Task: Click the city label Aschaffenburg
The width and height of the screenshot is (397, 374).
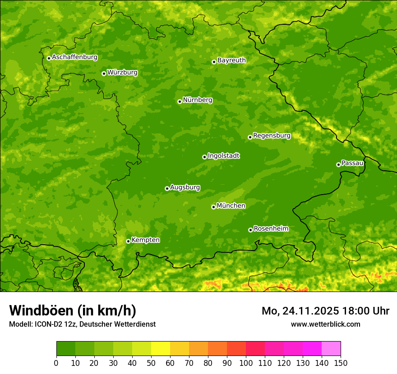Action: pos(74,57)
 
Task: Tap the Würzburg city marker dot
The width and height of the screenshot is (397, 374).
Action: pos(104,73)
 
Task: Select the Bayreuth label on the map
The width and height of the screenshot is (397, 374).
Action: pos(231,60)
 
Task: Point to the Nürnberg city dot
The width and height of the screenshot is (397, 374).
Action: pos(180,101)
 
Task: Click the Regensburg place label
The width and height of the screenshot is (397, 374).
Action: pos(272,135)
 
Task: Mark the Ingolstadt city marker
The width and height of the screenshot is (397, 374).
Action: pos(204,157)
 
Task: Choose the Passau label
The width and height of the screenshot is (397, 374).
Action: pos(352,163)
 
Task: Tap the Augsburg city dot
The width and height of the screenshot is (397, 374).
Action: pos(167,188)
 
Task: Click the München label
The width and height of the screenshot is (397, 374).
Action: pos(231,205)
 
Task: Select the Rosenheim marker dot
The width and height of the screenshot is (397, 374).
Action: pos(250,230)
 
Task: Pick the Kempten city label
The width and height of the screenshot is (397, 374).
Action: pos(145,240)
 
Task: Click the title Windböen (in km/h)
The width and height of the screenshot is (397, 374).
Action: pos(73,310)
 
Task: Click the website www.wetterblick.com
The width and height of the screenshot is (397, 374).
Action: pos(325,324)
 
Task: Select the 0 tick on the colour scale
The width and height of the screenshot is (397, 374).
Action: pos(56,363)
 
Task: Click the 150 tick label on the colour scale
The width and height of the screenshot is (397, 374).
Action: pos(341,363)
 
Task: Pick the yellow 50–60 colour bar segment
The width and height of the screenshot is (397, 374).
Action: pos(161,349)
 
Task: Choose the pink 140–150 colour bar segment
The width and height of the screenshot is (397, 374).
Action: pos(331,349)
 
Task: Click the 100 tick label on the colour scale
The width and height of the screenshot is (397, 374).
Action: pos(246,363)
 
